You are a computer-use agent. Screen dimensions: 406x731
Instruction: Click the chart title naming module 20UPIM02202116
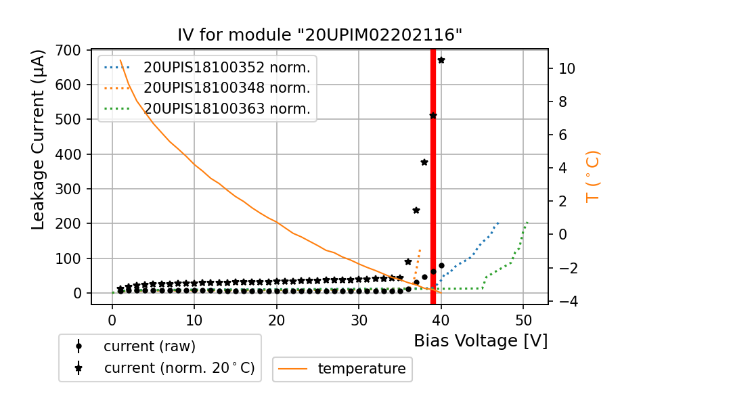coord(319,35)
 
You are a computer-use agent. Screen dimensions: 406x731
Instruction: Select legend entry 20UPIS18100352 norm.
coord(227,67)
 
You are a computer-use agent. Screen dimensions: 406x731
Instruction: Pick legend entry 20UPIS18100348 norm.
coord(227,88)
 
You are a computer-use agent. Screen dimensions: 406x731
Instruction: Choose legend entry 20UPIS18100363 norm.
coord(227,109)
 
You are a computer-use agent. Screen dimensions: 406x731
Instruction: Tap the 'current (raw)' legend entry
coord(149,346)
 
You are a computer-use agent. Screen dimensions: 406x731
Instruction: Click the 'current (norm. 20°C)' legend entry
coord(179,368)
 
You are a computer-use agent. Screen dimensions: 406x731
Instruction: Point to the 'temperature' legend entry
coord(361,369)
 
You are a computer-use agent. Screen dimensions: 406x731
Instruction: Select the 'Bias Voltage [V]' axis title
coord(481,341)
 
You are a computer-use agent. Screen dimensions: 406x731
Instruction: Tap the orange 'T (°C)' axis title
coord(593,177)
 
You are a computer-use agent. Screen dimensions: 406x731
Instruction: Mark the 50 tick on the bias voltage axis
coord(523,318)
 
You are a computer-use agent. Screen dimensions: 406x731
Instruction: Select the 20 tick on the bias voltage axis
coord(276,318)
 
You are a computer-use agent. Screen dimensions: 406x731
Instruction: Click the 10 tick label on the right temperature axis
coord(567,68)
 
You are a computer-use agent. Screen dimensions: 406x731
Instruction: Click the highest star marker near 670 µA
coord(441,60)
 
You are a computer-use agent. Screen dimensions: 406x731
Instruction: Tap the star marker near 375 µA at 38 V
coord(424,162)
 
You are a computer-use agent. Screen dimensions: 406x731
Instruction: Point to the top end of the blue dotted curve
coord(497,223)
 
